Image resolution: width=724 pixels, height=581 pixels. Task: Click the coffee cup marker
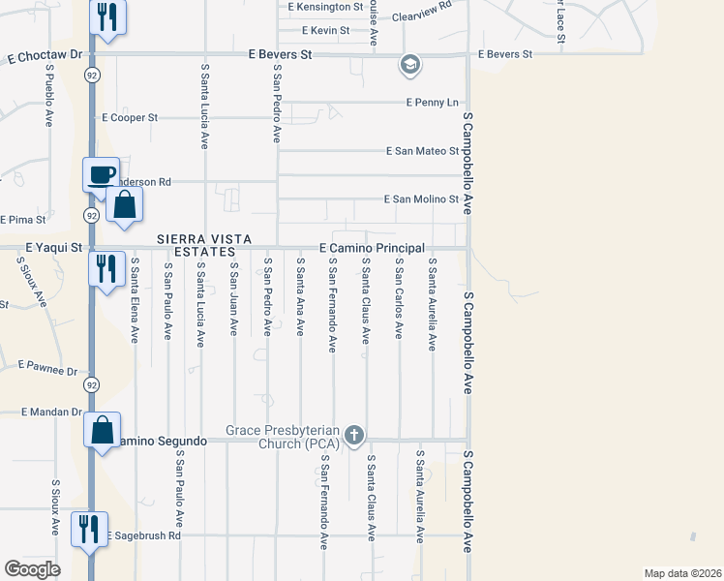101,175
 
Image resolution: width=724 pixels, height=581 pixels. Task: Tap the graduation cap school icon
409,66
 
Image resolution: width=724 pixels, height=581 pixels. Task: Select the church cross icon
354,436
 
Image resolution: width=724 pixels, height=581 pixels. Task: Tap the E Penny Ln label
432,102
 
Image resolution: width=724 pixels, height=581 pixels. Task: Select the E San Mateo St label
422,151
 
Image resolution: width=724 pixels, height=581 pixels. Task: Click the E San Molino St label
421,199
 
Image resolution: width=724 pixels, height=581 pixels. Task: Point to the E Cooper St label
130,118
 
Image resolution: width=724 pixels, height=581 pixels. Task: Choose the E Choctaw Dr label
42,55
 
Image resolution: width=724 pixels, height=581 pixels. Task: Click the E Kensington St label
325,6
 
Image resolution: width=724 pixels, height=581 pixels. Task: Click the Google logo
33,569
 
